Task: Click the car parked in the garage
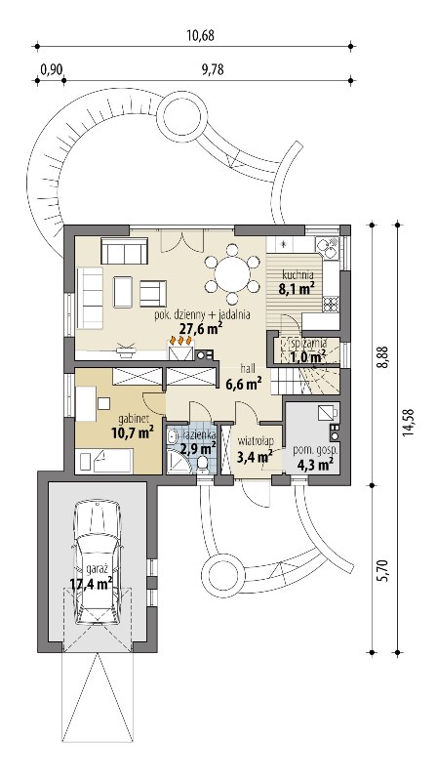click(97, 563)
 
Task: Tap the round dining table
click(232, 273)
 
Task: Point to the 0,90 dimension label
click(52, 69)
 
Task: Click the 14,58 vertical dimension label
click(409, 423)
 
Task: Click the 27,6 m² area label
click(200, 328)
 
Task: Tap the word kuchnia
click(298, 274)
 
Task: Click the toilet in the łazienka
click(203, 463)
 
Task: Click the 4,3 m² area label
click(315, 466)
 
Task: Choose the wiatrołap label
click(256, 441)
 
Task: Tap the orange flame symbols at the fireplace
click(181, 340)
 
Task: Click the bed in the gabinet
click(103, 461)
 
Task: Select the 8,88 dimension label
click(383, 355)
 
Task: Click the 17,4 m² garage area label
click(91, 583)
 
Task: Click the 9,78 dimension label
click(213, 69)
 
